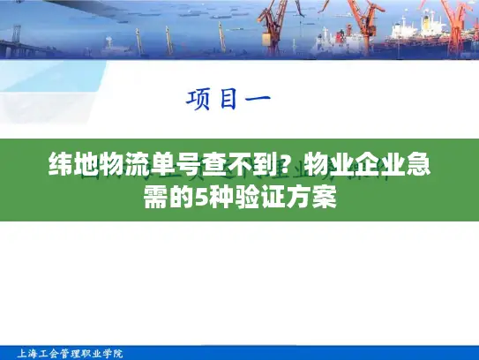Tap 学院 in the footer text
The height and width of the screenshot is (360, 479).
click(112, 353)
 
